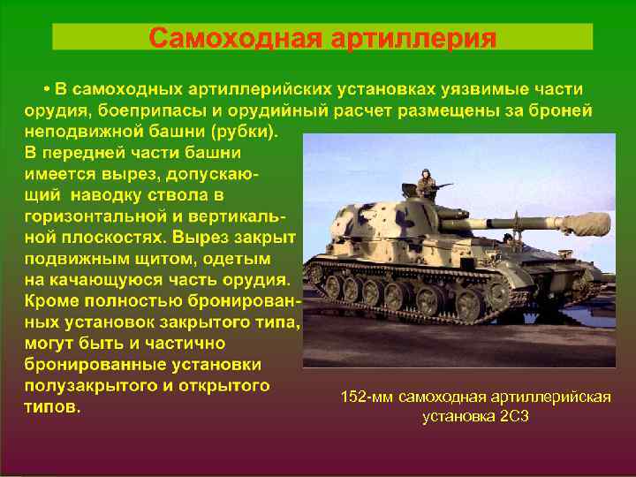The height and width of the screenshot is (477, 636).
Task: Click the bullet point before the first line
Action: point(45,90)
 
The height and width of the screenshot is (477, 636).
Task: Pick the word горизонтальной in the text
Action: point(83,216)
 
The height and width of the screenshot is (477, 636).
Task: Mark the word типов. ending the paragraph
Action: point(52,407)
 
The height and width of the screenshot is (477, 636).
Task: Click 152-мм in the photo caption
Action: point(367,397)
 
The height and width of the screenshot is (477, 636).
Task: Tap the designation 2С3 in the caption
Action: point(513,415)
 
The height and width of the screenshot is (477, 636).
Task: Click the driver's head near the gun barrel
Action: point(508,237)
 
